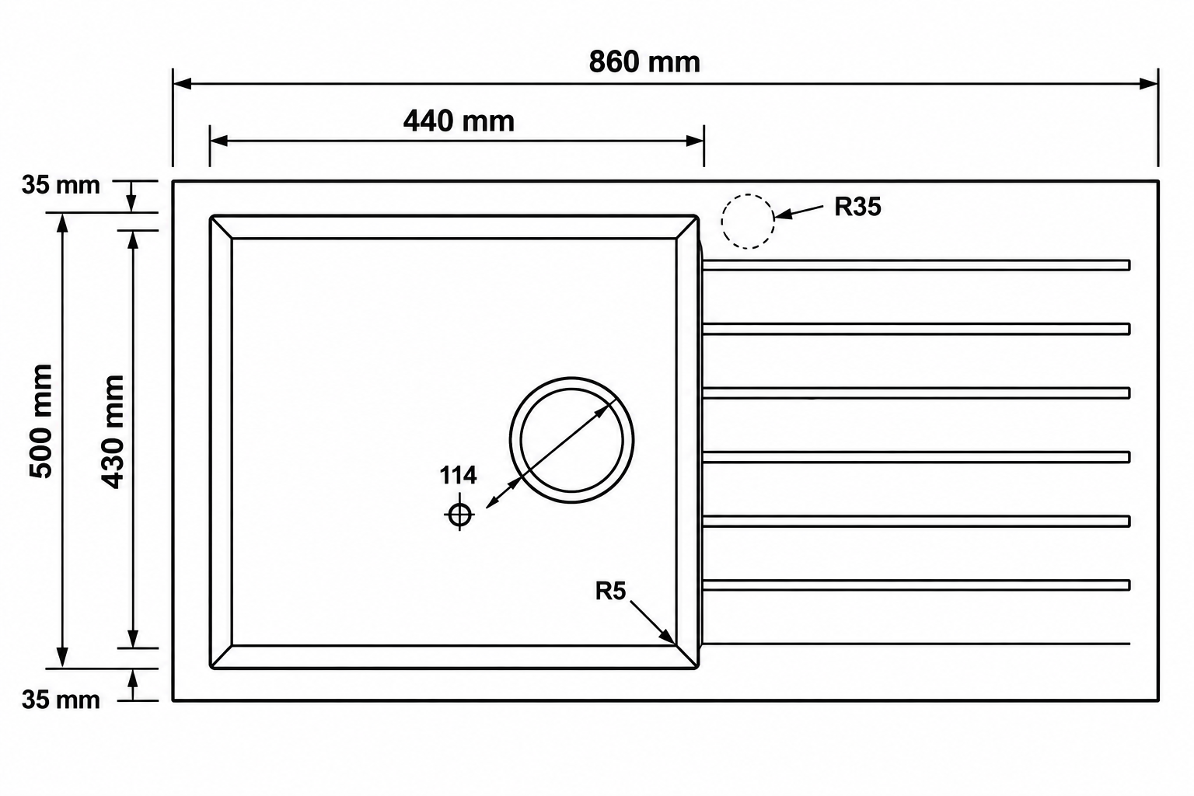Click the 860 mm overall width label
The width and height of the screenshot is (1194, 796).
point(644,62)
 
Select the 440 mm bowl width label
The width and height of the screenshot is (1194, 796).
point(459,121)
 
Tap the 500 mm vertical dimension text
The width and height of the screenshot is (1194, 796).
point(41,421)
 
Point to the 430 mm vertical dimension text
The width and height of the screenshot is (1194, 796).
point(113,432)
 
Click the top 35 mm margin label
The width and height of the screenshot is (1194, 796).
point(61,186)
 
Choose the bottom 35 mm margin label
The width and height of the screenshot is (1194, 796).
point(61,700)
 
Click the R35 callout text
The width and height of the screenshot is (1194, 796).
point(857,207)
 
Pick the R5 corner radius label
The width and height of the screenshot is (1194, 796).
point(610,591)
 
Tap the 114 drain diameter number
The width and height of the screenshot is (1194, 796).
point(458,475)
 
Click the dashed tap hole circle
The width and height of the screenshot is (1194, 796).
point(748,194)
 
